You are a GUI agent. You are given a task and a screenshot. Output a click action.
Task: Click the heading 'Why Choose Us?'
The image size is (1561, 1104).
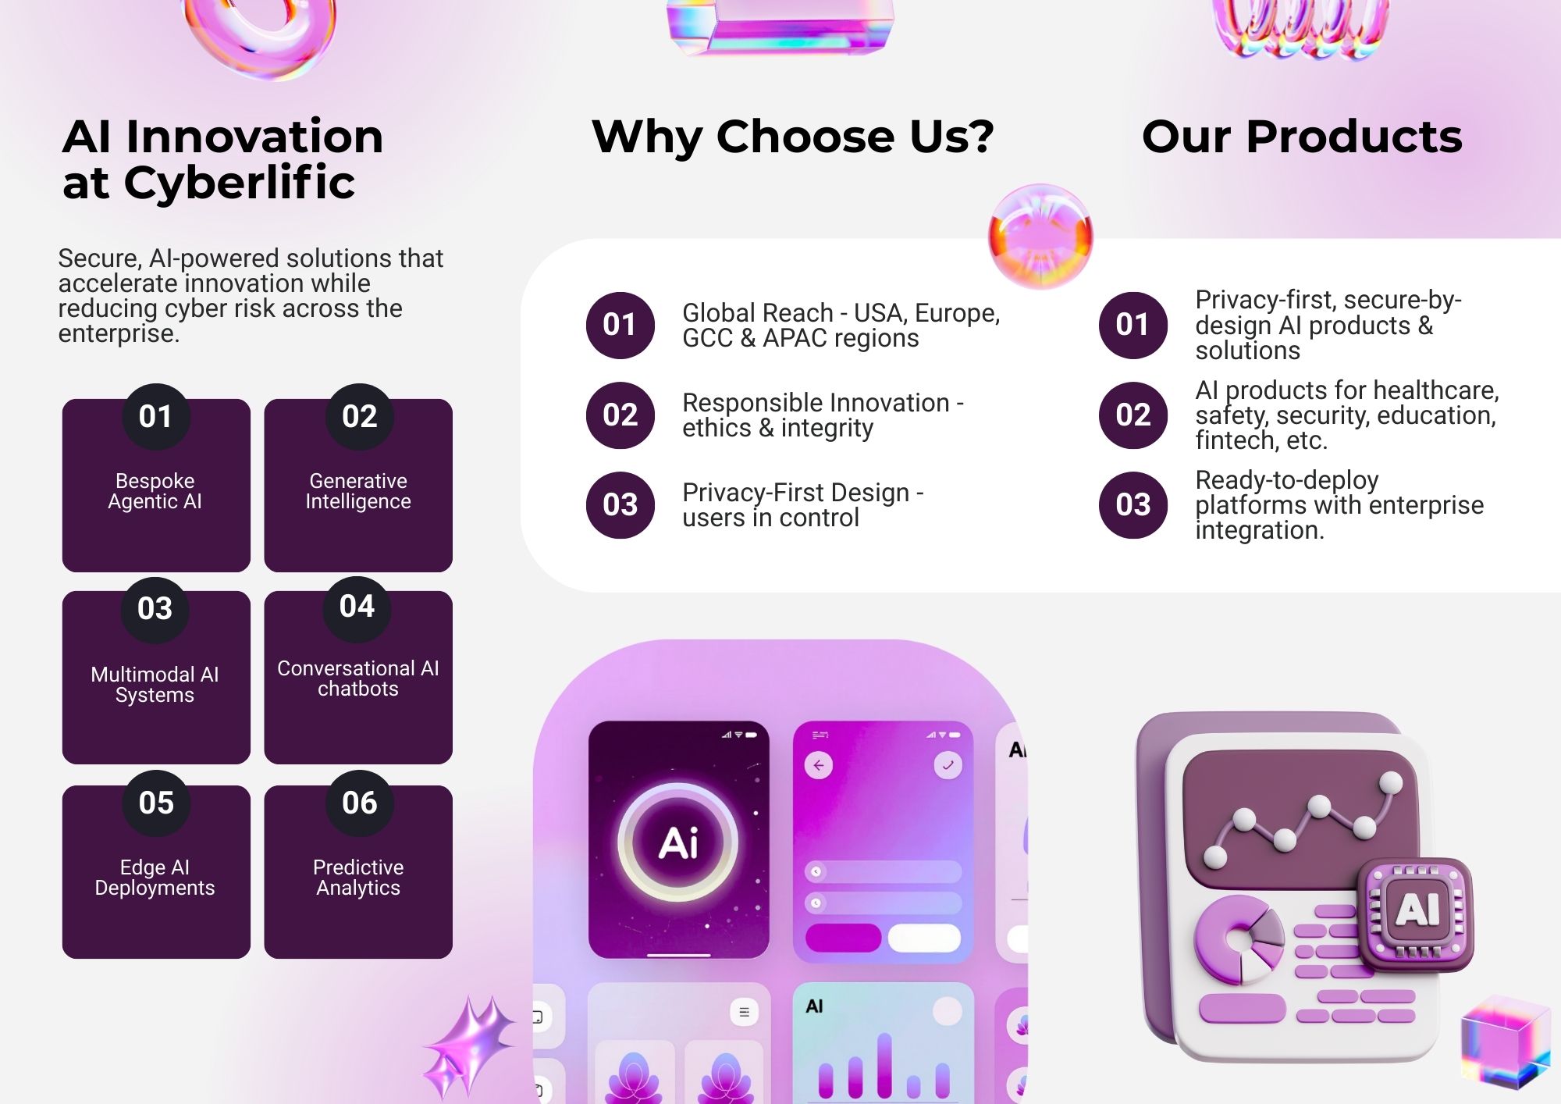pyautogui.click(x=793, y=137)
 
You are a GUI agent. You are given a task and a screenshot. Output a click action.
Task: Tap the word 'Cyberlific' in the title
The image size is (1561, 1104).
pyautogui.click(x=240, y=183)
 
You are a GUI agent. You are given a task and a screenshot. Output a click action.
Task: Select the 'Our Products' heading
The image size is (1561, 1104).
pyautogui.click(x=1302, y=137)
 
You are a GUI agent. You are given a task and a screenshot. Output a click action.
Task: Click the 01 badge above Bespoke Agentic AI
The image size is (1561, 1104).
pyautogui.click(x=156, y=416)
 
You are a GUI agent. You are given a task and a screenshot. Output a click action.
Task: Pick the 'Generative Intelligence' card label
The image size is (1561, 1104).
pyautogui.click(x=358, y=491)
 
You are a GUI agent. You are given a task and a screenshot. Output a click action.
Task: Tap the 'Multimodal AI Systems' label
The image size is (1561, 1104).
pyautogui.click(x=155, y=685)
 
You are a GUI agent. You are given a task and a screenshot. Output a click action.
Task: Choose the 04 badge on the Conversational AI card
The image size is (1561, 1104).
pyautogui.click(x=357, y=607)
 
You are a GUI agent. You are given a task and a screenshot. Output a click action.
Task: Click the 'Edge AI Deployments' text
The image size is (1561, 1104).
pyautogui.click(x=155, y=878)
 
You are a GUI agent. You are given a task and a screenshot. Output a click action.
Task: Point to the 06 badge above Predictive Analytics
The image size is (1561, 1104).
pyautogui.click(x=359, y=803)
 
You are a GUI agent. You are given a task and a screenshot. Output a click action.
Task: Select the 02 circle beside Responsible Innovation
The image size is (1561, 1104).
pyautogui.click(x=620, y=415)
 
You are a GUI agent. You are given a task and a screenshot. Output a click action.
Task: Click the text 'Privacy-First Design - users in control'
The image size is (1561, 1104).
pyautogui.click(x=802, y=505)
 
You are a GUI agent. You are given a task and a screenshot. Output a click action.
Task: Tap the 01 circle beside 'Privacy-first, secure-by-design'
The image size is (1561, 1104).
pyautogui.click(x=1133, y=325)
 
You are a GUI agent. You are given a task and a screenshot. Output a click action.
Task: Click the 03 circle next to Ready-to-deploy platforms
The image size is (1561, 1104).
pyautogui.click(x=1133, y=505)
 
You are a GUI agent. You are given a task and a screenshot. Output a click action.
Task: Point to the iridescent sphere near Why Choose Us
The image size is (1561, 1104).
pyautogui.click(x=1040, y=237)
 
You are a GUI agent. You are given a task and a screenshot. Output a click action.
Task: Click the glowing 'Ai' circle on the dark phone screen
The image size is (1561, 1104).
pyautogui.click(x=678, y=842)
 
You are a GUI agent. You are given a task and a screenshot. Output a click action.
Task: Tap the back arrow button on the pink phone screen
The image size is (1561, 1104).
pyautogui.click(x=819, y=765)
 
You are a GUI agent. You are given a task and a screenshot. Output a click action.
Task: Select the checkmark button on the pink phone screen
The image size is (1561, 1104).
pyautogui.click(x=948, y=765)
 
